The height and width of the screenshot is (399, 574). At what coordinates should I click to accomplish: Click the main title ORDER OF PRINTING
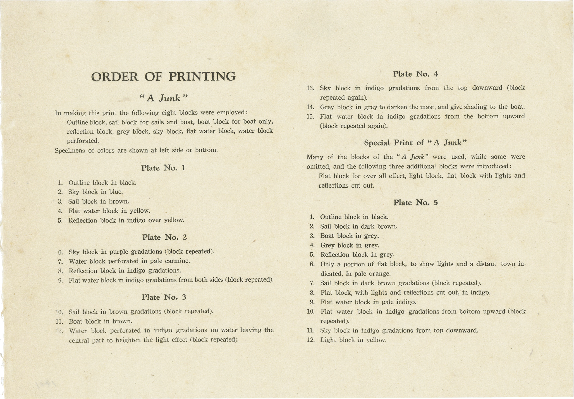[x=163, y=77]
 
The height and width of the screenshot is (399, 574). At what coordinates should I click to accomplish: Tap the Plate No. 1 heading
[x=163, y=168]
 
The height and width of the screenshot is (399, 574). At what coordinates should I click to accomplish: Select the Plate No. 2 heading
[x=164, y=237]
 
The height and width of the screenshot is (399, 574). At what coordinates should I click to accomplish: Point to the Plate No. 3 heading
[x=164, y=297]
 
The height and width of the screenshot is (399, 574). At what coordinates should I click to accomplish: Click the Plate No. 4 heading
[x=415, y=74]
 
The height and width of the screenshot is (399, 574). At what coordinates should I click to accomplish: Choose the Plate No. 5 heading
[x=415, y=203]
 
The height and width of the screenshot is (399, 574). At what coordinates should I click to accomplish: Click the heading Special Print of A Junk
[x=415, y=143]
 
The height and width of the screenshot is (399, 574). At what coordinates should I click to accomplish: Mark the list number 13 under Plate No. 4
[x=310, y=88]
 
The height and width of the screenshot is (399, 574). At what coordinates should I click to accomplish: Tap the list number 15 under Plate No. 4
[x=310, y=117]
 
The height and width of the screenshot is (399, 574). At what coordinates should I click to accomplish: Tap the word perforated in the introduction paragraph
[x=83, y=141]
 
